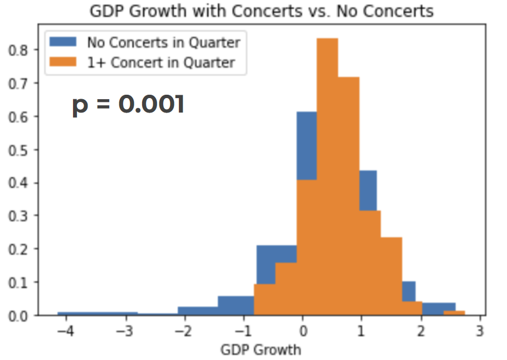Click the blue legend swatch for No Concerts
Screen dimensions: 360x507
(65, 42)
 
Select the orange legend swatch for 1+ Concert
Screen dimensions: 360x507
(65, 62)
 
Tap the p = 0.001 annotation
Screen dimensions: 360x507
(128, 105)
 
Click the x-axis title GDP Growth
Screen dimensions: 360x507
(261, 350)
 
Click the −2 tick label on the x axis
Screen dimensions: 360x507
(184, 330)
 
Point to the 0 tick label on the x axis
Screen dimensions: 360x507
(303, 330)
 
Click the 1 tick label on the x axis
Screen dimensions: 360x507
(361, 330)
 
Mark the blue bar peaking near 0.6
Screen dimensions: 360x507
(306, 145)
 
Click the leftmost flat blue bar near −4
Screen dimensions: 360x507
(97, 314)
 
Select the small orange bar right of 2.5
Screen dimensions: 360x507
(454, 313)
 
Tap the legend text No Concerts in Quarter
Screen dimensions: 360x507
(163, 42)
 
